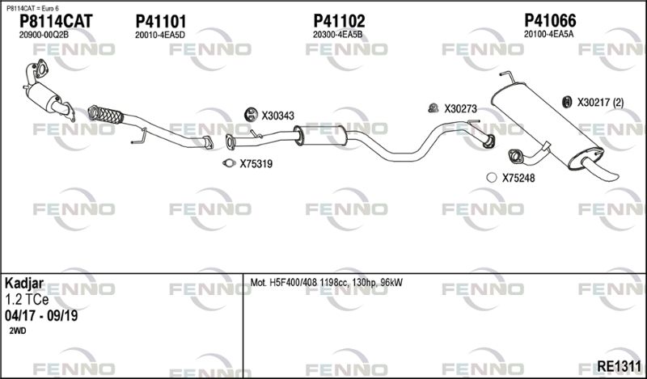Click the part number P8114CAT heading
coord(56,21)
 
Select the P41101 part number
coord(160,21)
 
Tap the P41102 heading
coord(339,21)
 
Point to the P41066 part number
coord(550,20)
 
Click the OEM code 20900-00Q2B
coord(44,35)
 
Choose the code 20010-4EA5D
coord(159,35)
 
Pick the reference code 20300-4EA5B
coord(337,35)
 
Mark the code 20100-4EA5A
coord(549,34)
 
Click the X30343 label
coord(277,116)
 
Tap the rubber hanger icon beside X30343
coord(251,114)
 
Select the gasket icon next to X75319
coord(229,163)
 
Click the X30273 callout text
coord(460,109)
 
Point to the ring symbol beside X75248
coord(492,178)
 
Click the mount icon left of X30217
coord(568,102)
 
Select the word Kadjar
coord(24,284)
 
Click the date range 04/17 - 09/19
coord(41,316)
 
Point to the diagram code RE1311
coord(619,366)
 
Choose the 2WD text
coord(17,331)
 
